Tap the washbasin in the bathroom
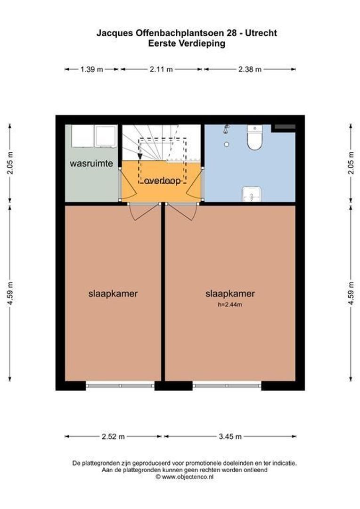coord(251,194)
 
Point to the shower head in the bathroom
coord(227,128)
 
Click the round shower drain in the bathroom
coord(226,144)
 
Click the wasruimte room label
coord(91,164)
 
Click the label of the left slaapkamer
coord(113,293)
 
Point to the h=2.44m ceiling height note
coord(229,305)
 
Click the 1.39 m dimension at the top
coord(91,69)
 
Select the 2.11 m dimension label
coord(161,69)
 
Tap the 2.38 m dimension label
coord(250,69)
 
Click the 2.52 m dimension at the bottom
coord(113,436)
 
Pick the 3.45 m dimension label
coord(230,436)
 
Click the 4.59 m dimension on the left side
coord(10,293)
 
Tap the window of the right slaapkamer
coord(227,386)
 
